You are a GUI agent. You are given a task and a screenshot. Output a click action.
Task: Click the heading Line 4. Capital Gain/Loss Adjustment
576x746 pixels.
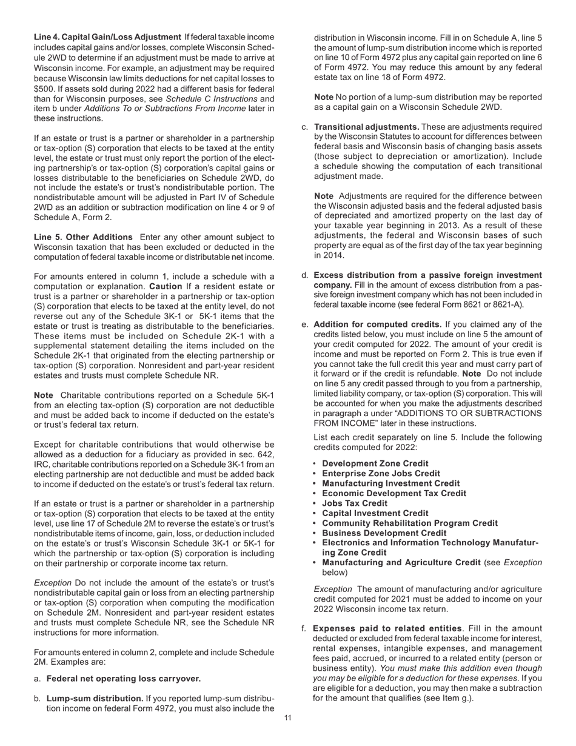tap(107, 38)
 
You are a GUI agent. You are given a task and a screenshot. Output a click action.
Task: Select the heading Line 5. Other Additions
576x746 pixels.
tap(83, 237)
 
